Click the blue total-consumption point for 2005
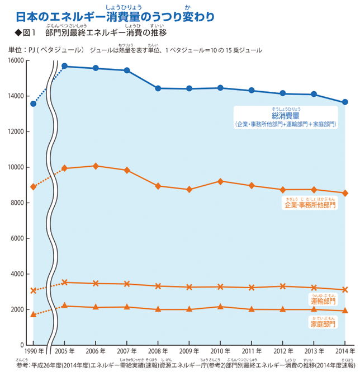point(64,66)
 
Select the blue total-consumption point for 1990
point(33,104)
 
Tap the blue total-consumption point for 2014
point(345,102)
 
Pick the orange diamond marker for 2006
point(96,166)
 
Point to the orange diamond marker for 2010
point(220,181)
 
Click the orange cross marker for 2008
point(158,286)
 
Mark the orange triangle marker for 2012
point(283,309)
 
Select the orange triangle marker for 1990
point(33,314)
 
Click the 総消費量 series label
point(285,115)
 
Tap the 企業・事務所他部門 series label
point(310,205)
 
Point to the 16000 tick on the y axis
point(15,60)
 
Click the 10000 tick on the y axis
point(15,167)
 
